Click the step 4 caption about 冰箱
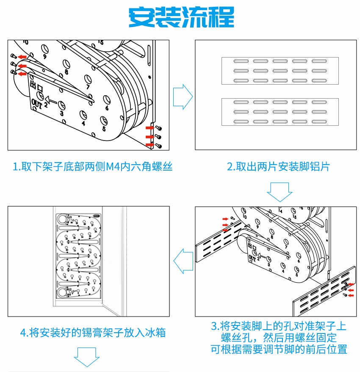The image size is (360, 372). (93, 333)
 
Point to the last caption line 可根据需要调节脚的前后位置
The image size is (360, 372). (279, 349)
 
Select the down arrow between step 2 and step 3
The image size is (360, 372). (280, 192)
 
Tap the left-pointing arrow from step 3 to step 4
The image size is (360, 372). (183, 261)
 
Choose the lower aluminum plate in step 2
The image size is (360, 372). (280, 112)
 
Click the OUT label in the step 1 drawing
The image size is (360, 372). (36, 104)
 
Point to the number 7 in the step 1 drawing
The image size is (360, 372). (88, 87)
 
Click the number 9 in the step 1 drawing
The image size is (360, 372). (44, 56)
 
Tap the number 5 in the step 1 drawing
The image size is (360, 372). (104, 129)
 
